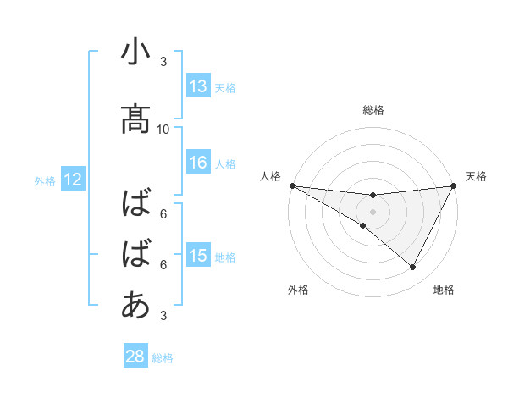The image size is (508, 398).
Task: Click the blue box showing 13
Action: (198, 86)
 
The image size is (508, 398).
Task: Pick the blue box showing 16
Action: (198, 163)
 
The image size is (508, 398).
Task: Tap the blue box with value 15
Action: (198, 257)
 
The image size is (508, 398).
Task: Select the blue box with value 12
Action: (72, 180)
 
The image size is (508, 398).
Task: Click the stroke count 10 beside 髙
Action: (163, 129)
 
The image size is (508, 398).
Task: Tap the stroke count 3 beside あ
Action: (163, 316)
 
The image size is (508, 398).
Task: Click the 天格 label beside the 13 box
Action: (225, 87)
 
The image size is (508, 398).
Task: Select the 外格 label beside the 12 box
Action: (45, 180)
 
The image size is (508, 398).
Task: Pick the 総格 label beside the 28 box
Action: (163, 357)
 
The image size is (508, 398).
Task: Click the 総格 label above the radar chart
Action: (373, 110)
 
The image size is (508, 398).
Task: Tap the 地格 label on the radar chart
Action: (444, 290)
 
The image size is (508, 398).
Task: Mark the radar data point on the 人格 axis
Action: (292, 185)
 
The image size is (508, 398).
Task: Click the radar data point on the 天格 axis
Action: (453, 185)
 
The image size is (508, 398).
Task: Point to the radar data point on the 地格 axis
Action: (413, 267)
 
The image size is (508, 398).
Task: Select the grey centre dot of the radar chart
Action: (373, 211)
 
